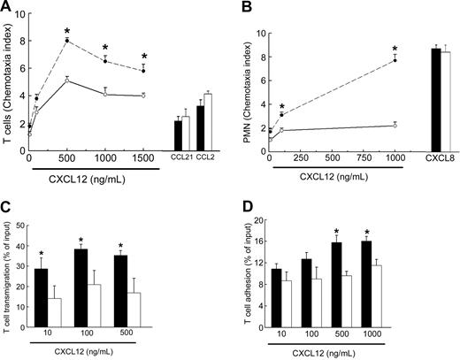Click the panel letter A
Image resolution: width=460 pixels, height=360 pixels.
(6, 7)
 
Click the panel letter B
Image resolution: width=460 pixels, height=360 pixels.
(245, 7)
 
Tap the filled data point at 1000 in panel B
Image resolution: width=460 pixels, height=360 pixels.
(395, 60)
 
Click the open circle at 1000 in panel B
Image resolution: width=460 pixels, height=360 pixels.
(395, 126)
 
